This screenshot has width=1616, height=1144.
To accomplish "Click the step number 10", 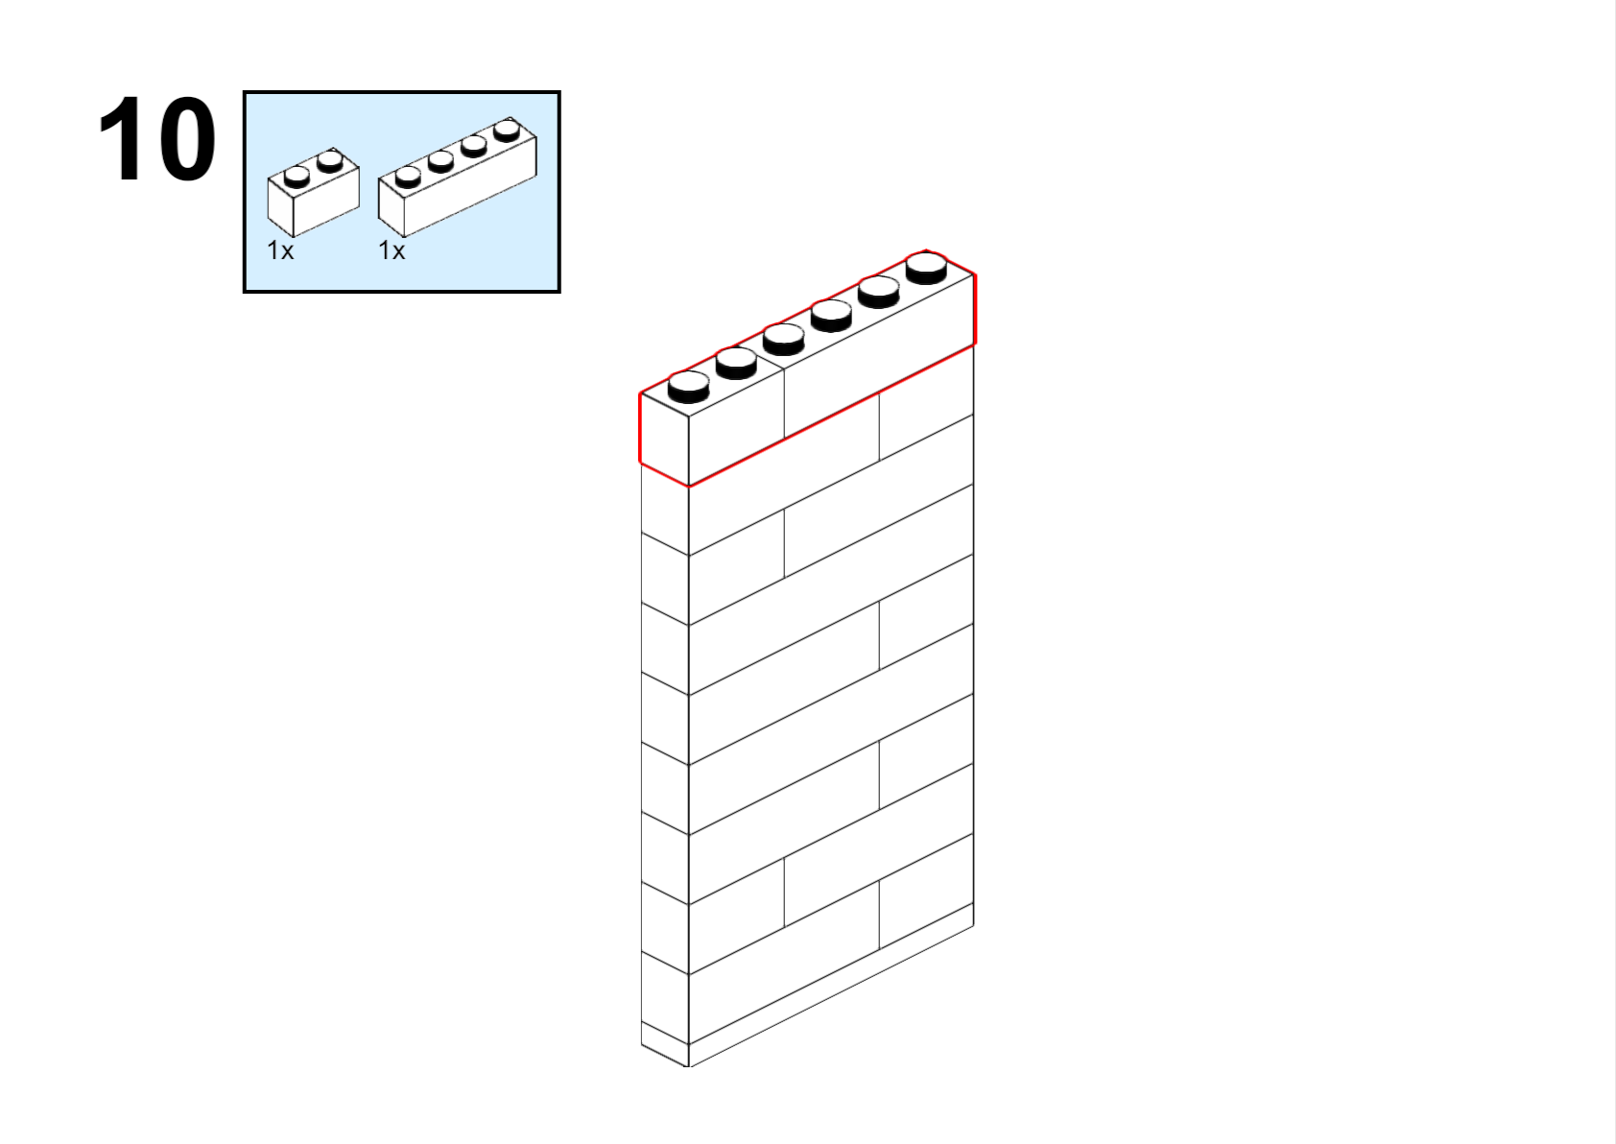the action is (156, 138).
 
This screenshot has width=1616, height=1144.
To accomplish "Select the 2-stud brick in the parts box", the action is (313, 193).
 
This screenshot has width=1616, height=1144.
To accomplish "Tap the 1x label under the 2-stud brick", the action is (280, 250).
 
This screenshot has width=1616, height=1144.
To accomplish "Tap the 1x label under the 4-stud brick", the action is (392, 250).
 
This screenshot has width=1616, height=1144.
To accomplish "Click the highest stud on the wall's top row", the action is (926, 268).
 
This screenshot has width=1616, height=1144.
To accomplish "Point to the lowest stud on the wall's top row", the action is (689, 387).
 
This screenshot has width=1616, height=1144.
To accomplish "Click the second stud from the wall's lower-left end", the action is (737, 363).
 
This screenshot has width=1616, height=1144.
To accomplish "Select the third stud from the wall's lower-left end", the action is (784, 339).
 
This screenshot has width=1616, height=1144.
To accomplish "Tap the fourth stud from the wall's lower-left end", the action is (832, 316).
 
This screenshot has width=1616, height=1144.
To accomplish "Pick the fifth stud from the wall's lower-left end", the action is (879, 292).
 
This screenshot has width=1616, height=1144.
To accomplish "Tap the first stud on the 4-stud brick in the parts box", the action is (408, 176).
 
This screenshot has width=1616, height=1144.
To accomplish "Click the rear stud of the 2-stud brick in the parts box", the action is (330, 161).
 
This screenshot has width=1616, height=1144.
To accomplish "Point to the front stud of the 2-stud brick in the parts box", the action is (297, 176).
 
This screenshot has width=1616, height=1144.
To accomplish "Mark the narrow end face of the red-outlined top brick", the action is (664, 440).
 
